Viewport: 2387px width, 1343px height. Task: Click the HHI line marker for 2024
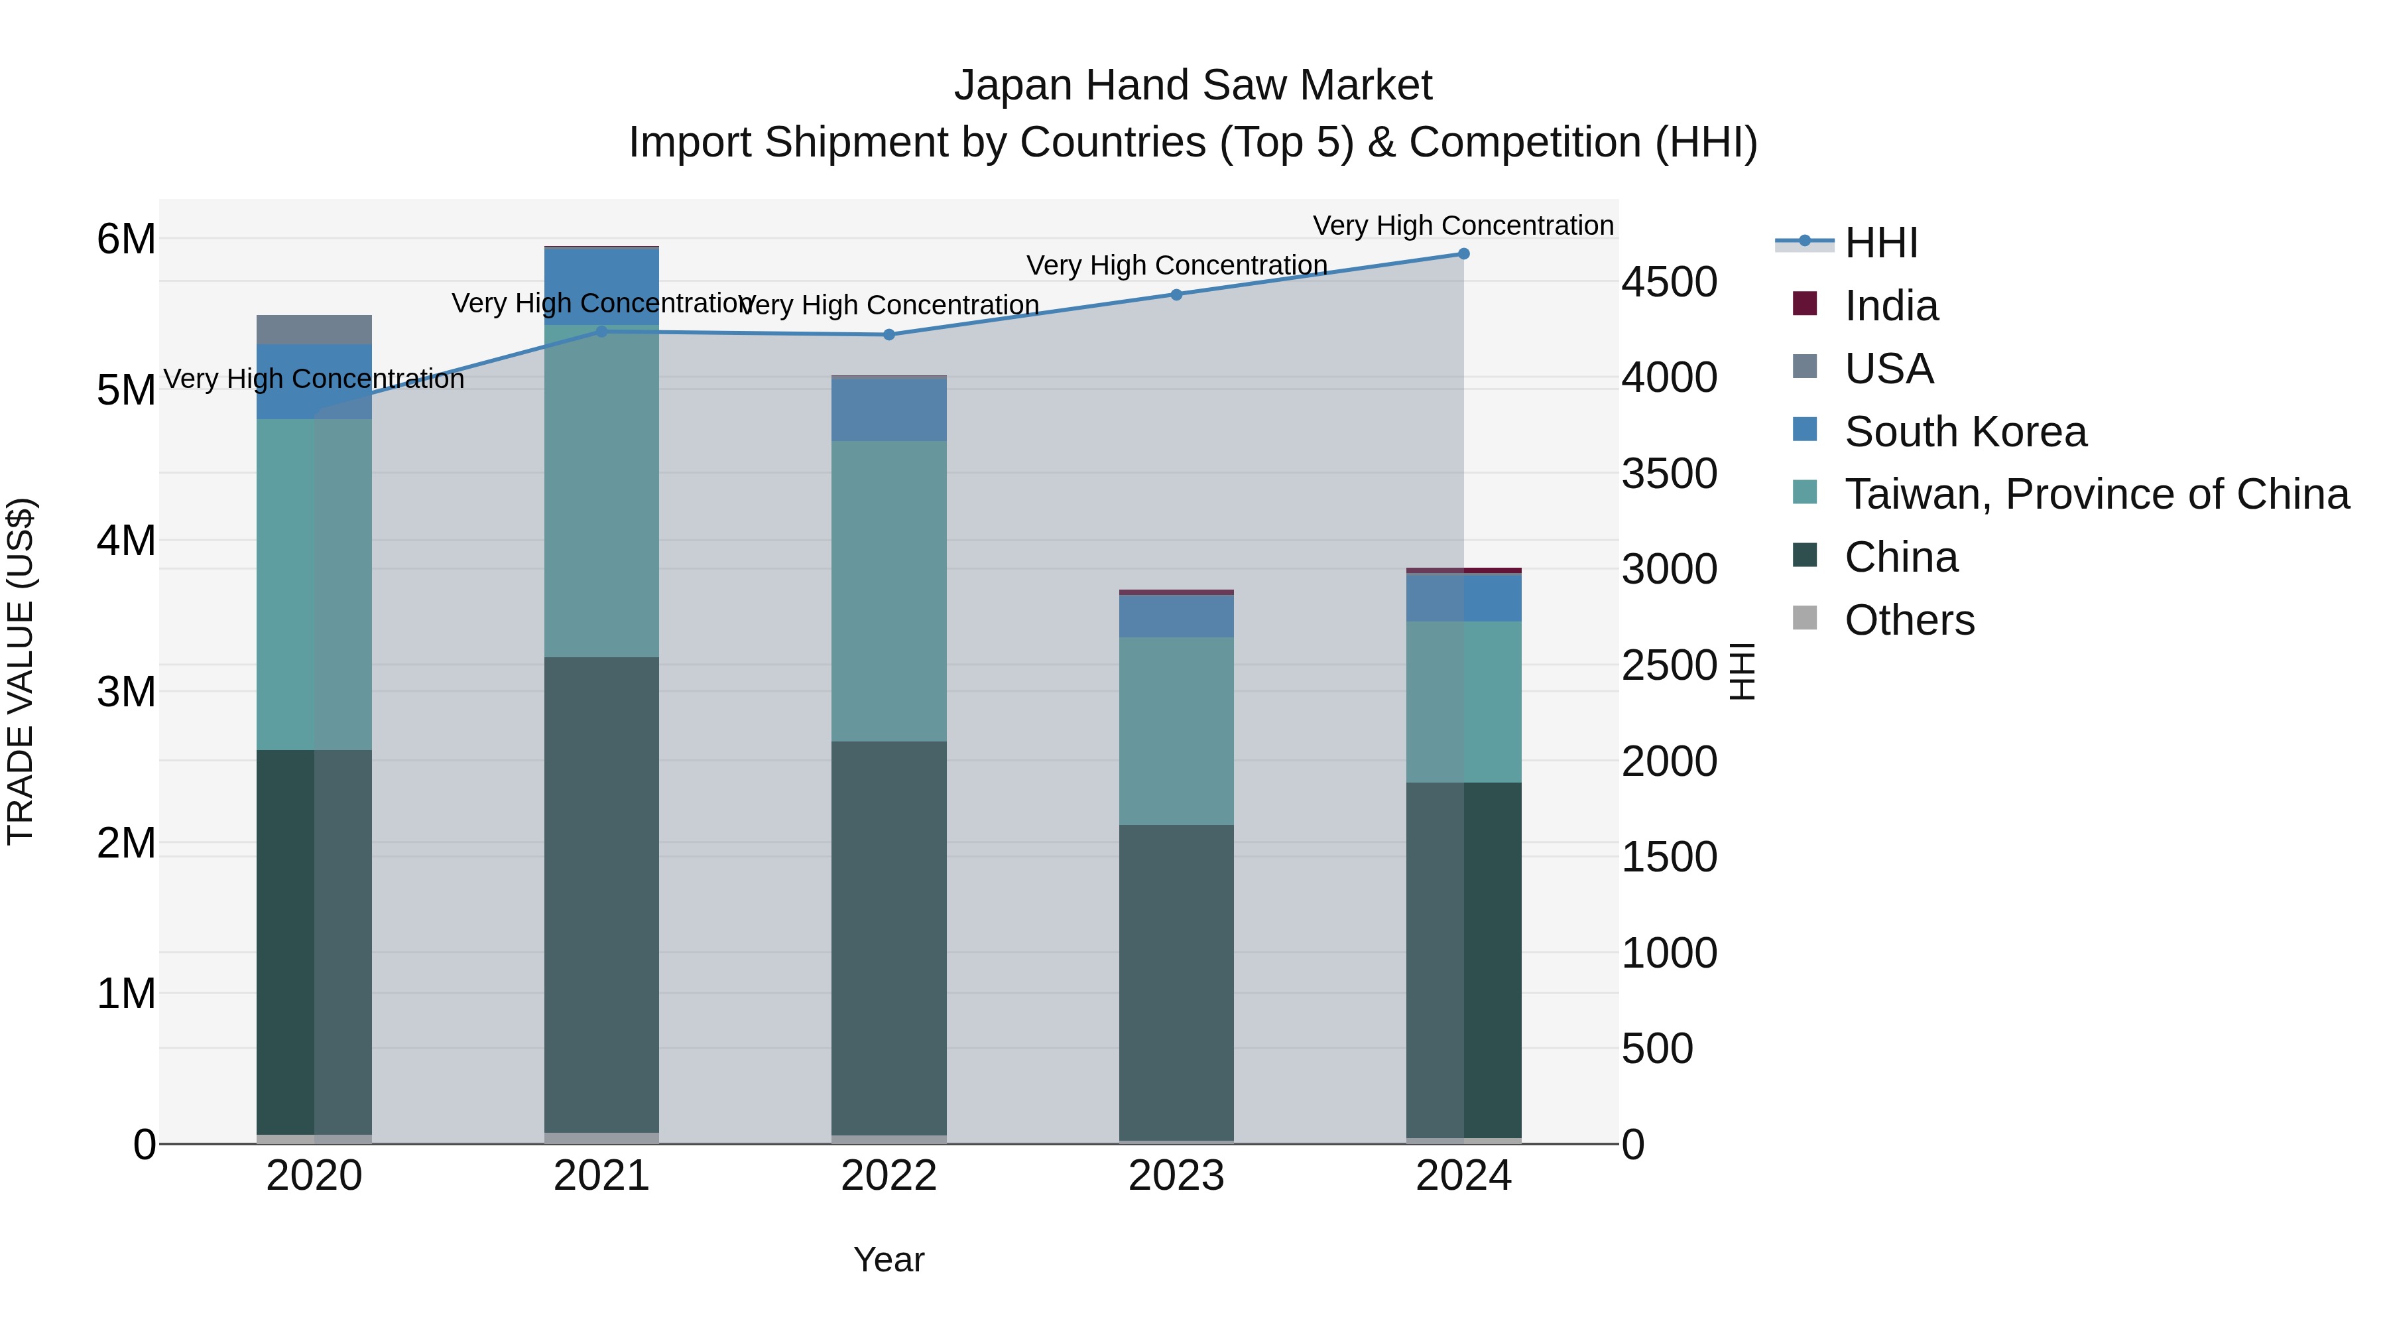[1463, 254]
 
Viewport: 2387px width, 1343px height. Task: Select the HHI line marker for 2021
[601, 331]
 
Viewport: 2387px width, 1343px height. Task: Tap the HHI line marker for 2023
[1176, 294]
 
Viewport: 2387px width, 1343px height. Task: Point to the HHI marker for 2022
[888, 335]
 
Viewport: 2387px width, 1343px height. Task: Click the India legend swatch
[1804, 304]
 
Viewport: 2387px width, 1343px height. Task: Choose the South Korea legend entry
[1965, 432]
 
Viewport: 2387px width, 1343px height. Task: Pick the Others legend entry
[1909, 620]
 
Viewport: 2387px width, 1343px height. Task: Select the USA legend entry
[1888, 369]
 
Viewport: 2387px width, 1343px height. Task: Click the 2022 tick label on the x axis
[888, 1176]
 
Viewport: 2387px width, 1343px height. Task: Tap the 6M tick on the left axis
[126, 239]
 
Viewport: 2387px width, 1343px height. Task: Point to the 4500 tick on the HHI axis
[1669, 282]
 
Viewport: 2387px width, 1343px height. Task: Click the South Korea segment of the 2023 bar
[1176, 615]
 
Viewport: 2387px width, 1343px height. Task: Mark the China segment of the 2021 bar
[601, 895]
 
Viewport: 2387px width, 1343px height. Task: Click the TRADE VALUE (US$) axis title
[21, 671]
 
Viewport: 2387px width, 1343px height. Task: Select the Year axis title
[888, 1259]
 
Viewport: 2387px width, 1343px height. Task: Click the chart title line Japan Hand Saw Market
[1193, 86]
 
